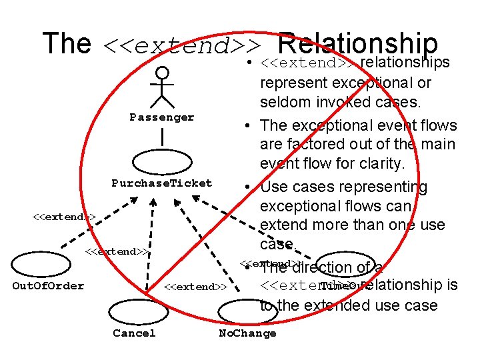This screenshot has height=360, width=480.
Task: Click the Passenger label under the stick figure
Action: coord(162,117)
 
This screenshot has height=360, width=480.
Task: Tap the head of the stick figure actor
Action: coord(161,73)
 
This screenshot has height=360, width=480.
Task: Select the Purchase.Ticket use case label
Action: coord(162,183)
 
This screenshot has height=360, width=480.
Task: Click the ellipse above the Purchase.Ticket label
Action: coord(162,162)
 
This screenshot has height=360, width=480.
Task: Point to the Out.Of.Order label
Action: coord(49,286)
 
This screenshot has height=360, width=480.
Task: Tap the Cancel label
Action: coord(134,333)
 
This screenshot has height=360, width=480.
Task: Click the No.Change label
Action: coord(247,333)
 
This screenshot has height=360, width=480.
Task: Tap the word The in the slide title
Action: coord(67,43)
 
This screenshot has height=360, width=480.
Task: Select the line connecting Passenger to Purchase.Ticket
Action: coord(162,138)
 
